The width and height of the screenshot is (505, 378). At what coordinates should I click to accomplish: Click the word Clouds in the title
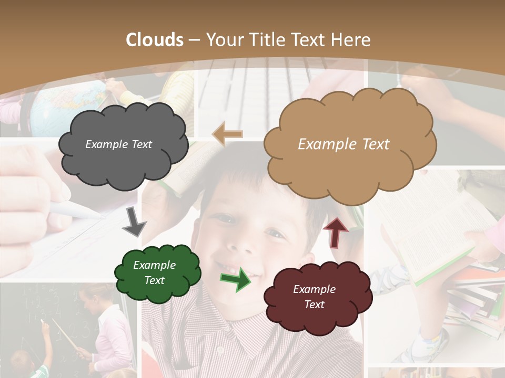[x=155, y=40]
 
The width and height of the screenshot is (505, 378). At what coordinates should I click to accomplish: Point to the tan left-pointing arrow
[x=227, y=134]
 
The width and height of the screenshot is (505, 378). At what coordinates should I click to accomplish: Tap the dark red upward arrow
[x=335, y=232]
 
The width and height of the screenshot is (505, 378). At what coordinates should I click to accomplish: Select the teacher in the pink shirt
[x=110, y=325]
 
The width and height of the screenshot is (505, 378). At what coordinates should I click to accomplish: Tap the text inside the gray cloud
[x=118, y=144]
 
